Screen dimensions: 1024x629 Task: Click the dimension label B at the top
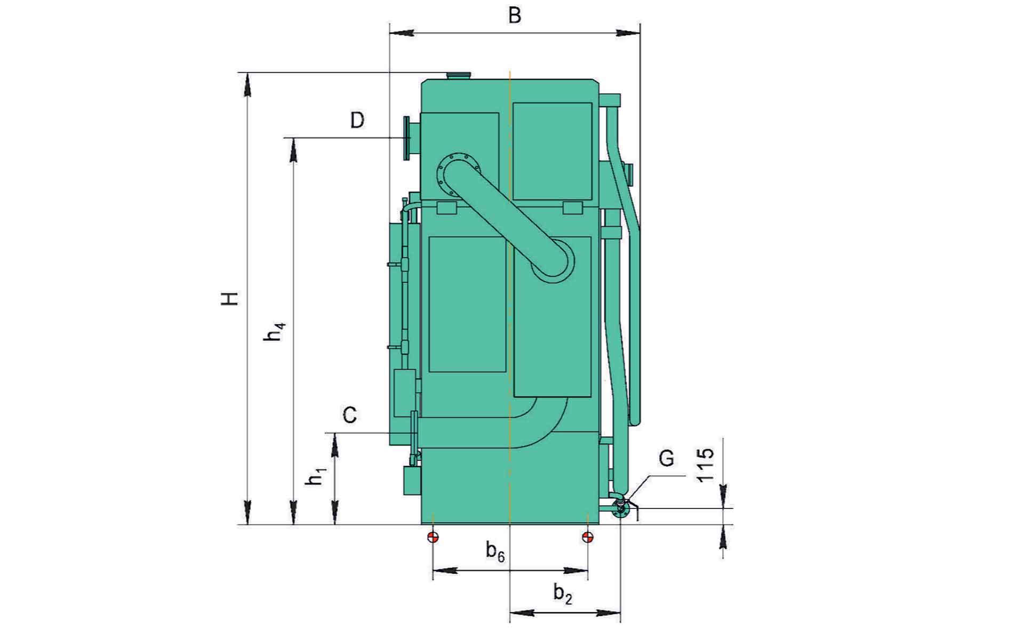click(514, 15)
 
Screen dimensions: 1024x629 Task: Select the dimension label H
click(230, 299)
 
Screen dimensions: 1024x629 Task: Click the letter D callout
click(357, 120)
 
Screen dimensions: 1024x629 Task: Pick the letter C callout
click(349, 415)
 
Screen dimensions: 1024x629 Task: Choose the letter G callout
click(666, 458)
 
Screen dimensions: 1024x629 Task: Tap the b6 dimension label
click(495, 551)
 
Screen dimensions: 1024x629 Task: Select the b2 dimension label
click(563, 593)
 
